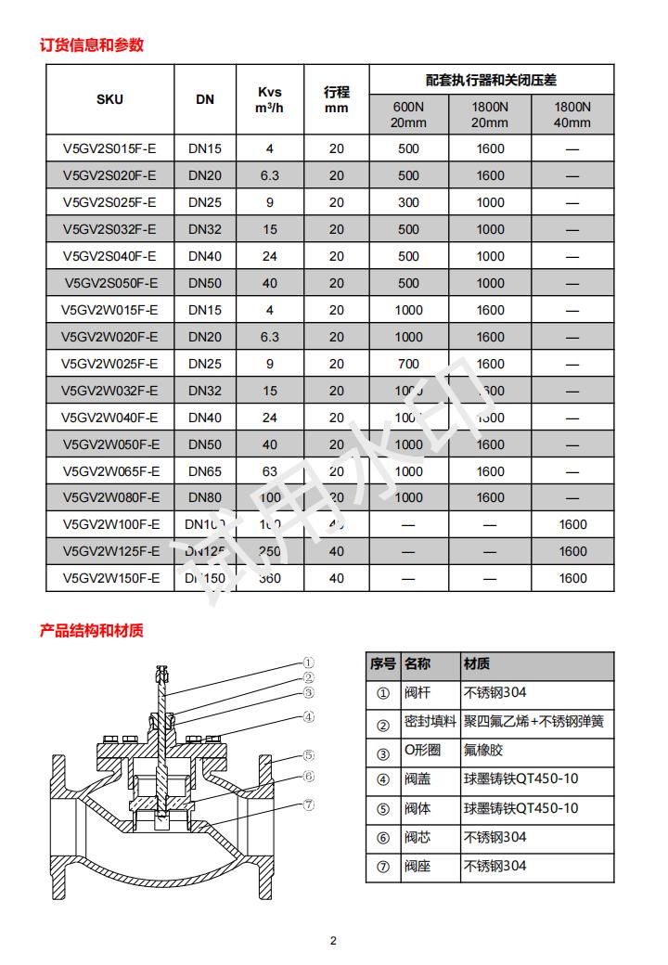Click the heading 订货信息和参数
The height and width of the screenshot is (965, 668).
[x=92, y=45]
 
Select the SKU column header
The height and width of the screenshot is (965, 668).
[x=109, y=99]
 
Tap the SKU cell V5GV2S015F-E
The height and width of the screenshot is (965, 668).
[x=109, y=148]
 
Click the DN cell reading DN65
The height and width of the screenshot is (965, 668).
[x=205, y=471]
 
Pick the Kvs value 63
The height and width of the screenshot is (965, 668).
[x=270, y=471]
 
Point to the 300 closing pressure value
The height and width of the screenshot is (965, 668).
[x=408, y=202]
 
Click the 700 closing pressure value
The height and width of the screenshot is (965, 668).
[x=408, y=364]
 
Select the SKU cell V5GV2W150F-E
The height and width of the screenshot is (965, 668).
[x=110, y=578]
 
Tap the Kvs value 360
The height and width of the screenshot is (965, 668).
[x=269, y=578]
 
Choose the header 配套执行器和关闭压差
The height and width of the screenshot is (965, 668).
[x=491, y=81]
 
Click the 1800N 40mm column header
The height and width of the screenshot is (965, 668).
[x=572, y=114]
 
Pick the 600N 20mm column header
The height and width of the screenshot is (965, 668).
[x=408, y=114]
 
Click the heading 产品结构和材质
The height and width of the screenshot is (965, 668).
[x=92, y=631]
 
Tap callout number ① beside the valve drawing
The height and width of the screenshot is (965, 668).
[x=309, y=663]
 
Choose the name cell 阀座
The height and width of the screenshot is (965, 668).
[x=416, y=868]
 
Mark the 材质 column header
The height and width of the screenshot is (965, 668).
[x=477, y=664]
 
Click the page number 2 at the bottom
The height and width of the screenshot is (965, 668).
[x=334, y=941]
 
